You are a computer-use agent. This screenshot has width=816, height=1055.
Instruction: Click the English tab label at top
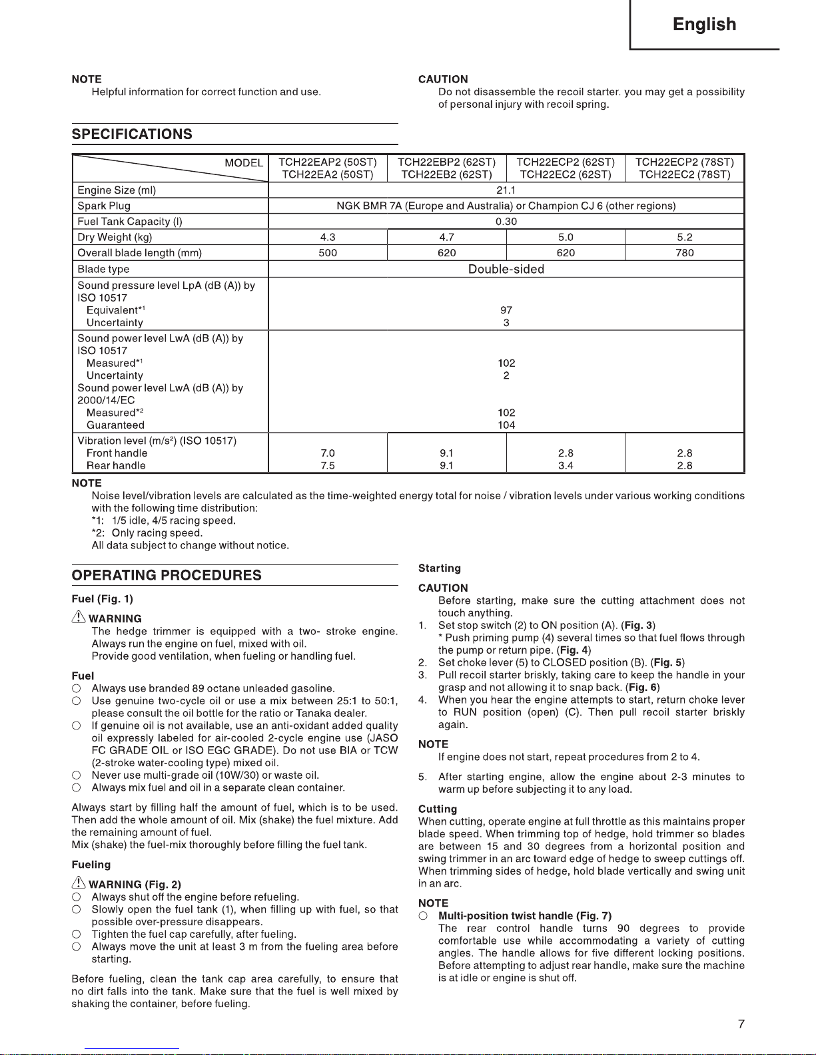[x=704, y=25]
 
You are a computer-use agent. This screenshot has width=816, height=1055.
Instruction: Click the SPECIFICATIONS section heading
[x=132, y=134]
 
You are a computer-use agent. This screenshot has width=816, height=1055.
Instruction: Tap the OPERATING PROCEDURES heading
[x=167, y=576]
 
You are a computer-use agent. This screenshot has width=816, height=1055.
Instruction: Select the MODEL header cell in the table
[x=243, y=163]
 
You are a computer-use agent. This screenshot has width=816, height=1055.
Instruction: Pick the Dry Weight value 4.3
[x=328, y=238]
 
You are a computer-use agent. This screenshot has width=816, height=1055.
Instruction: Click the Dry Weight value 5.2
[x=684, y=238]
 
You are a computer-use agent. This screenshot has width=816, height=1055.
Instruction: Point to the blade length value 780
[x=684, y=253]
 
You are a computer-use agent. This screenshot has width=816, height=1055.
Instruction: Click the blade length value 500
[x=328, y=253]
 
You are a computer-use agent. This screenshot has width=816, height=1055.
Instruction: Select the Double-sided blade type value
[x=506, y=270]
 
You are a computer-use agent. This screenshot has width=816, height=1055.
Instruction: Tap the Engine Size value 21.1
[x=506, y=190]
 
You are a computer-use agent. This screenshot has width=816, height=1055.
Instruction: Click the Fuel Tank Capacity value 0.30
[x=506, y=222]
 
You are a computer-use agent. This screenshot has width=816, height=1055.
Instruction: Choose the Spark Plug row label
[x=104, y=206]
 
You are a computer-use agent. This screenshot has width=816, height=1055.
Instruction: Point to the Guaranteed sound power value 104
[x=506, y=425]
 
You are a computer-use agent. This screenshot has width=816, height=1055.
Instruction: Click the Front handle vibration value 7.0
[x=328, y=453]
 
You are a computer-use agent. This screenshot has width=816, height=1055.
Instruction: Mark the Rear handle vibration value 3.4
[x=566, y=466]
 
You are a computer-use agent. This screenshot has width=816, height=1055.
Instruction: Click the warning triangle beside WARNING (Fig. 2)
[x=79, y=883]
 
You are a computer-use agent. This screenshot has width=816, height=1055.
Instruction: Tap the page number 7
[x=741, y=1024]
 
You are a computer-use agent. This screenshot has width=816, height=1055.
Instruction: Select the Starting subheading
[x=440, y=568]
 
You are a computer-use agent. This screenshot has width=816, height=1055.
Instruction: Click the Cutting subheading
[x=438, y=809]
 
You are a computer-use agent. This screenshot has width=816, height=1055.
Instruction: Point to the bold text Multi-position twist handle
[x=506, y=916]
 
